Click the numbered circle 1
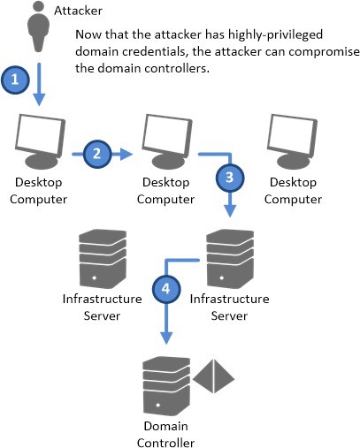pyautogui.click(x=15, y=80)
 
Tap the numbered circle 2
pyautogui.click(x=97, y=154)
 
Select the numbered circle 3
pyautogui.click(x=230, y=178)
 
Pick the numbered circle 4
pyautogui.click(x=166, y=289)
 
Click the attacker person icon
pyautogui.click(x=38, y=27)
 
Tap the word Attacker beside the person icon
pyautogui.click(x=78, y=11)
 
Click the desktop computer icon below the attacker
pyautogui.click(x=40, y=142)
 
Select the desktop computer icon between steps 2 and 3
pyautogui.click(x=167, y=142)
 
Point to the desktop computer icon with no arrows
pyautogui.click(x=293, y=142)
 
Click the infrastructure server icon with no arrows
pyautogui.click(x=103, y=259)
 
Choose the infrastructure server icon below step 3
pyautogui.click(x=230, y=259)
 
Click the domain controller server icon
pyautogui.click(x=166, y=386)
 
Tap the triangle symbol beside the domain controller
pyautogui.click(x=213, y=376)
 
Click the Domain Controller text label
pyautogui.click(x=165, y=435)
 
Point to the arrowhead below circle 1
pyautogui.click(x=39, y=100)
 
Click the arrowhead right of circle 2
pyautogui.click(x=126, y=154)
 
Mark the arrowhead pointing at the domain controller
pyautogui.click(x=166, y=338)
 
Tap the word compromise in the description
pyautogui.click(x=324, y=52)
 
